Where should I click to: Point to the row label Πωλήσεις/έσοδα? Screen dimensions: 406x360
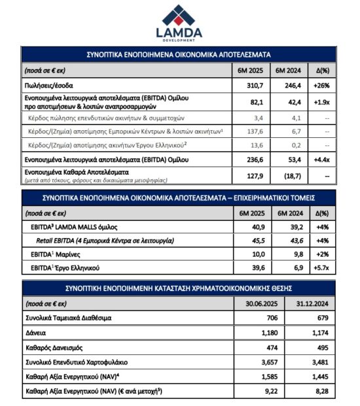point(50,85)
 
